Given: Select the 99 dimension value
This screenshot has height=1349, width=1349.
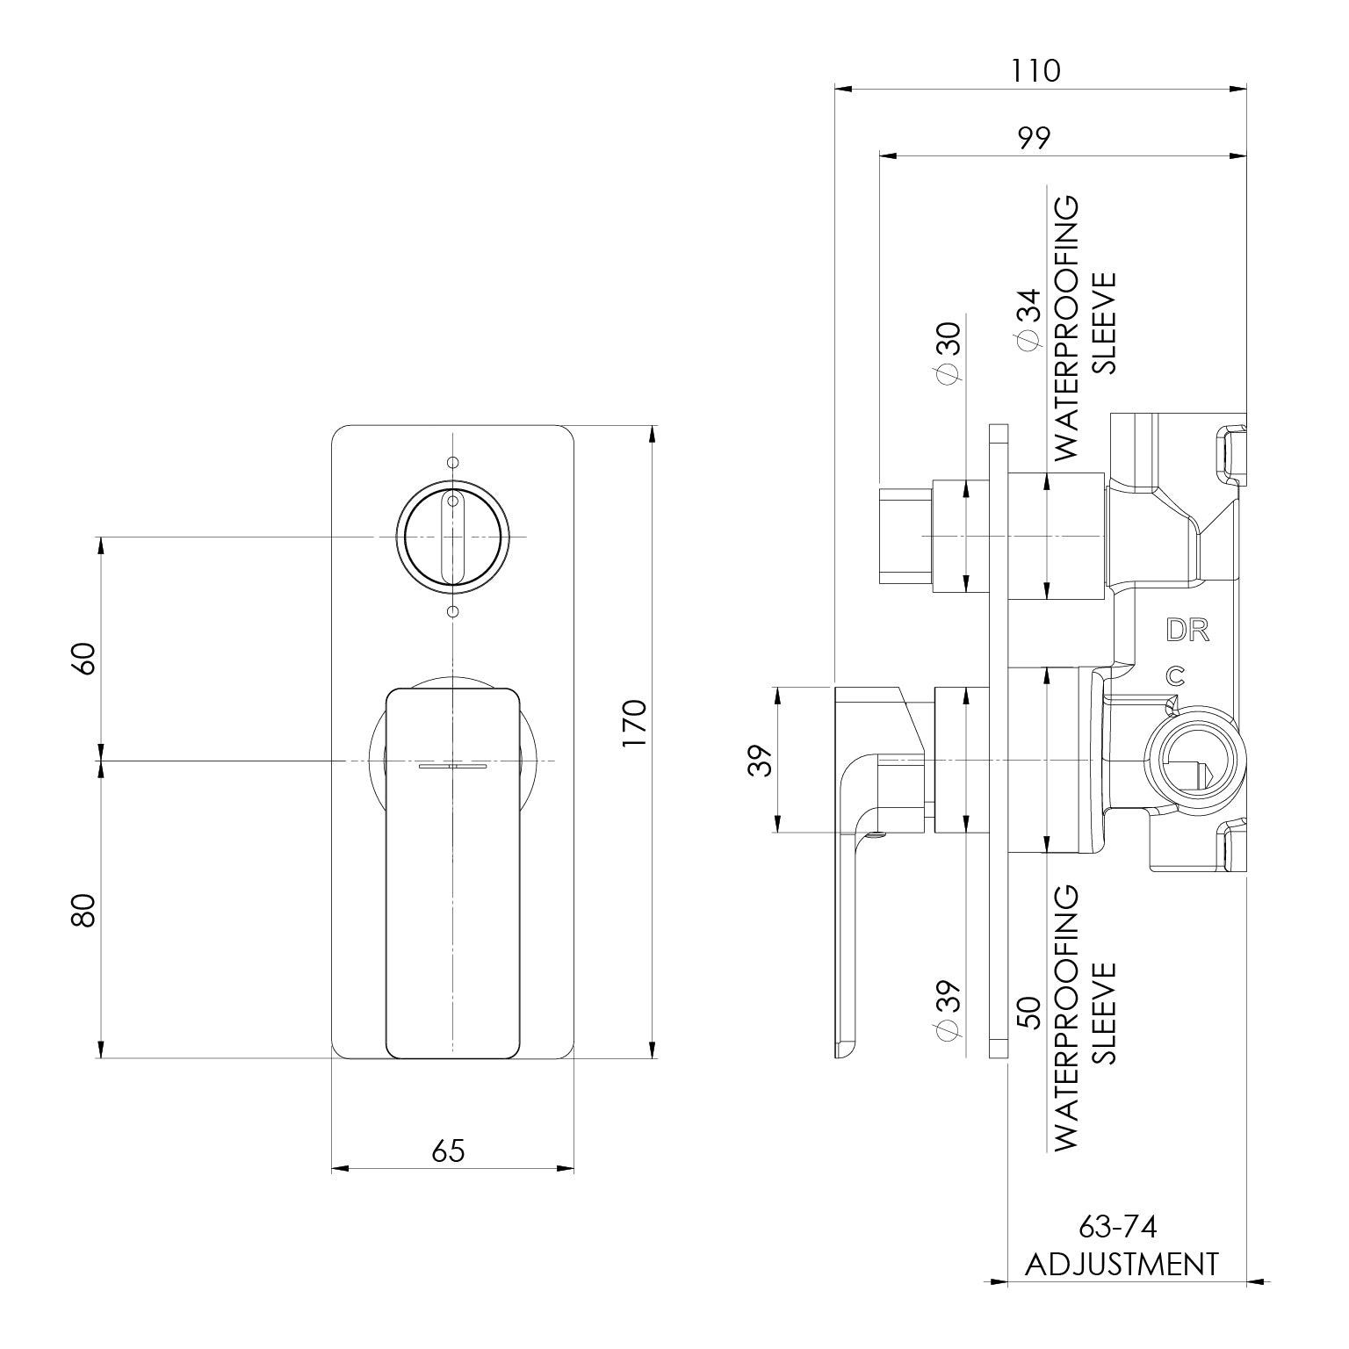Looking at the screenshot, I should pyautogui.click(x=1035, y=138).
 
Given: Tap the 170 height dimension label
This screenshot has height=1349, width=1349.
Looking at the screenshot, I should pyautogui.click(x=633, y=723).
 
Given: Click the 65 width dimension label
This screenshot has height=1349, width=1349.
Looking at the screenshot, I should pyautogui.click(x=448, y=1150).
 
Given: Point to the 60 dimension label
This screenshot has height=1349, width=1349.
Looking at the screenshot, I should pyautogui.click(x=83, y=658).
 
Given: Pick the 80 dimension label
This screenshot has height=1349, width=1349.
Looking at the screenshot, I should pyautogui.click(x=83, y=910).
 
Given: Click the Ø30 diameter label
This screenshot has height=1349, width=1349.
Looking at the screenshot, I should pyautogui.click(x=949, y=351).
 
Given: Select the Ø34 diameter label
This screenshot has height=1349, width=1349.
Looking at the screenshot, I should pyautogui.click(x=1028, y=321).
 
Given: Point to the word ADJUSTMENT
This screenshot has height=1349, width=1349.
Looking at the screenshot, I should pyautogui.click(x=1122, y=1265).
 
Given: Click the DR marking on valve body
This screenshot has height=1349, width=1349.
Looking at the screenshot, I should pyautogui.click(x=1187, y=631).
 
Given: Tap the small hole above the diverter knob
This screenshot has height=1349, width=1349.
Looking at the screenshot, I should pyautogui.click(x=452, y=463).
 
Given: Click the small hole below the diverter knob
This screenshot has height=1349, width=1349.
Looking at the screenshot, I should pyautogui.click(x=452, y=611).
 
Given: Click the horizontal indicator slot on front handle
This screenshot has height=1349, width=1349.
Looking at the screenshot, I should pyautogui.click(x=452, y=767).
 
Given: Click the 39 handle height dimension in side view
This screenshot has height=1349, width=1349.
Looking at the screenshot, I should pyautogui.click(x=763, y=759).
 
